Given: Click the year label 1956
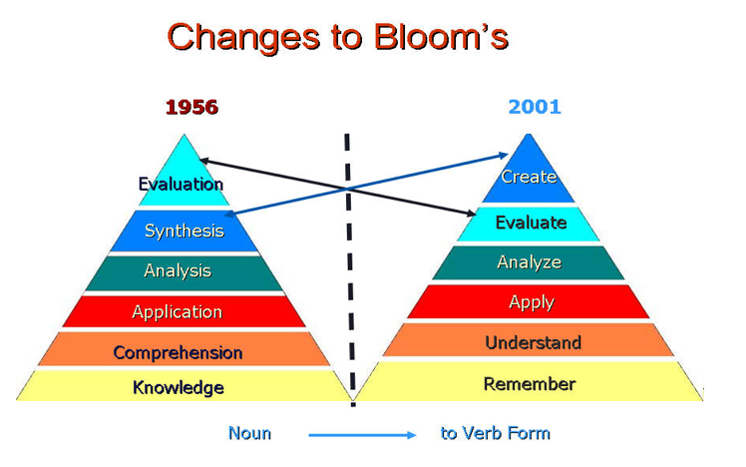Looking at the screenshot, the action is [x=191, y=107].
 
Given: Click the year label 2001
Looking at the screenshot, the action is [x=535, y=107].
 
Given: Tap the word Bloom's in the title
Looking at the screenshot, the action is [x=441, y=37].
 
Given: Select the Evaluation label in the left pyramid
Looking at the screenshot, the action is [x=181, y=184].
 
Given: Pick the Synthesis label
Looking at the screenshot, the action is [x=185, y=231].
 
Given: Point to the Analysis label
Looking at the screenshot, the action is [x=178, y=270].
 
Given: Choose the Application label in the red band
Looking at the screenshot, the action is [x=177, y=312].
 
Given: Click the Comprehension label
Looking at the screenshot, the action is [x=178, y=353].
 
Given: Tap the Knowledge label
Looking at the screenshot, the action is [x=179, y=387].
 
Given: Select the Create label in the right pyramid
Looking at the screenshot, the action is [x=529, y=177].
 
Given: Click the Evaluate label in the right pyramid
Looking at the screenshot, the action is [x=531, y=223].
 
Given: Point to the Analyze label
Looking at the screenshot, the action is [x=530, y=262].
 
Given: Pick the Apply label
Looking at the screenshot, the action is [x=532, y=302].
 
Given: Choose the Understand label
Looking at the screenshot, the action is [x=534, y=342].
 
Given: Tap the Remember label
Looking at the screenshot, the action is [x=530, y=384].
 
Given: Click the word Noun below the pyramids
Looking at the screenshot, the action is [x=249, y=433].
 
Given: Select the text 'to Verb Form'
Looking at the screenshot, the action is [x=496, y=433].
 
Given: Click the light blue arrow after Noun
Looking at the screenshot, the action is [x=363, y=435].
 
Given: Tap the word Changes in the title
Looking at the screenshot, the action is [x=243, y=38].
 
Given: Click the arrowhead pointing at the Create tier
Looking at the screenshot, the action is [x=504, y=156].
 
